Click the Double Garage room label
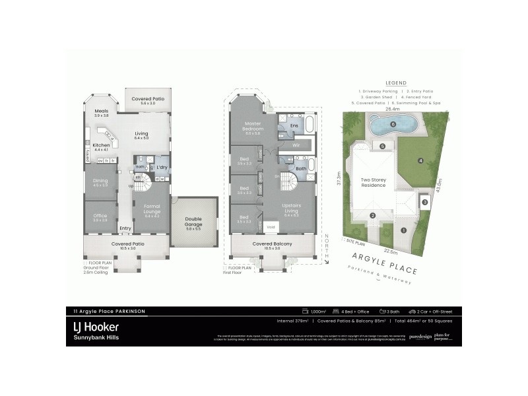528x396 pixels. pyautogui.click(x=194, y=221)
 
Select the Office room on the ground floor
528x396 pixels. pyautogui.click(x=100, y=218)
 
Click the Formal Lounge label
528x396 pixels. pyautogui.click(x=152, y=211)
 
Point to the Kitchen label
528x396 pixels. pyautogui.click(x=101, y=147)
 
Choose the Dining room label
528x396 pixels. pyautogui.click(x=100, y=183)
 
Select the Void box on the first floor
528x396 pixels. pyautogui.click(x=271, y=226)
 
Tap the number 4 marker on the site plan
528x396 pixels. pyautogui.click(x=420, y=160)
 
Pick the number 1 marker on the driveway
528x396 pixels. pyautogui.click(x=403, y=230)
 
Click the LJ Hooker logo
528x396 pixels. pyautogui.click(x=96, y=327)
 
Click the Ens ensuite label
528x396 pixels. pyautogui.click(x=294, y=125)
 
